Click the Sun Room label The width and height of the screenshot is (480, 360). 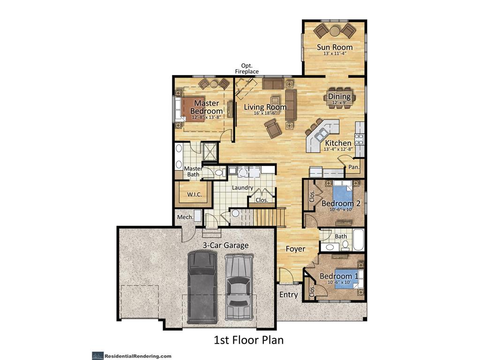[x=334, y=47]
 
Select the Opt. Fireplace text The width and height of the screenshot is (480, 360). [x=247, y=68]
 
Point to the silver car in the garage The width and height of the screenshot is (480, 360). [x=239, y=287]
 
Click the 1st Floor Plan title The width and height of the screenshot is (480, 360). [x=248, y=340]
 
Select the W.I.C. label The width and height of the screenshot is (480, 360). [x=194, y=194]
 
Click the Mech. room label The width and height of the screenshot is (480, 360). [x=185, y=217]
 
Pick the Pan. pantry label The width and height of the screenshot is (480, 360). [x=353, y=167]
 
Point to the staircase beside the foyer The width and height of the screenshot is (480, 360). [x=269, y=217]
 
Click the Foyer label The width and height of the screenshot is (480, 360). [x=295, y=249]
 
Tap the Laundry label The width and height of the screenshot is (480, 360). [x=242, y=187]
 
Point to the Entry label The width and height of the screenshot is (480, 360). [x=288, y=294]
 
